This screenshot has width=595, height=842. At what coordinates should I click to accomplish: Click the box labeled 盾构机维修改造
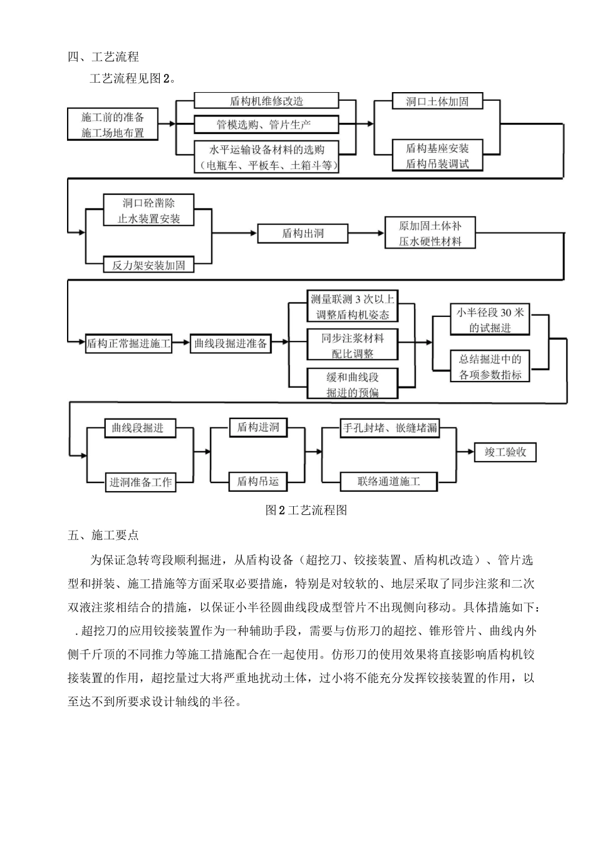266,101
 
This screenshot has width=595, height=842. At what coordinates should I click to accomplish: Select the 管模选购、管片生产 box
266,125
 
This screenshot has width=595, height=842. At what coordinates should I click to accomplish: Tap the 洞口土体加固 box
437,101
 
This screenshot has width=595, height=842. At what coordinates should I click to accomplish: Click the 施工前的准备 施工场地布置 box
113,125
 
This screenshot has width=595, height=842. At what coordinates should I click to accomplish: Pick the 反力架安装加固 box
148,265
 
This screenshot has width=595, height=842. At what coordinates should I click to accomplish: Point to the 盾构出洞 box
303,234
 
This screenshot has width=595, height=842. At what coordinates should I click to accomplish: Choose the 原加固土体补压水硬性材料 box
430,234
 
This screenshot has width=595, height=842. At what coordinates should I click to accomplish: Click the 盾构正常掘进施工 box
128,343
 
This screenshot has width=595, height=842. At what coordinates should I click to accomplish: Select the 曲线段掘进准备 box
230,343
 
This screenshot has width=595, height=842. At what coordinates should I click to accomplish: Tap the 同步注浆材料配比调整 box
352,345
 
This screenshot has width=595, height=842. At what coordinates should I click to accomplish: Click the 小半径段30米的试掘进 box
490,320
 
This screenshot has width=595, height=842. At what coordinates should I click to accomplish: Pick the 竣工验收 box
505,452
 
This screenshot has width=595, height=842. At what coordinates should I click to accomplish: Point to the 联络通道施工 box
389,481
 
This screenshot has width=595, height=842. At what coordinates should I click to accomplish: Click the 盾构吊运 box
257,481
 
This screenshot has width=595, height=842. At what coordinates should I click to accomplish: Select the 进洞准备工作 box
140,482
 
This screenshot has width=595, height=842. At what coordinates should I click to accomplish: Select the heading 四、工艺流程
103,57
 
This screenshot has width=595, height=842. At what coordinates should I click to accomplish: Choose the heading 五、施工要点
103,535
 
